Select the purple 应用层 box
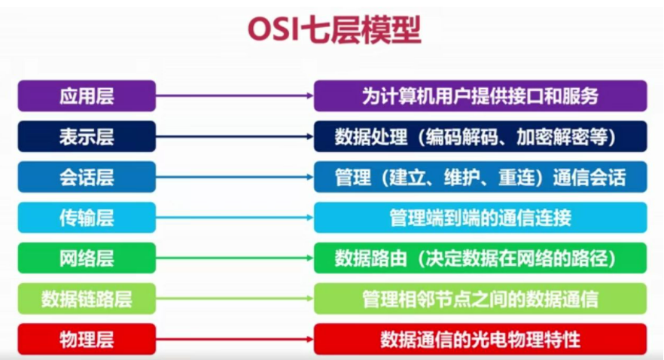(87, 96)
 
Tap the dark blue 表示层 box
(87, 136)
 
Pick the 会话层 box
(87, 177)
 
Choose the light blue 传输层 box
(87, 218)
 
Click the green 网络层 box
(87, 258)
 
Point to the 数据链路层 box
(87, 299)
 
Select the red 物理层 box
(87, 339)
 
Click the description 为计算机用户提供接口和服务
(480, 96)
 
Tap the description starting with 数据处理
(480, 136)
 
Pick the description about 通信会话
(480, 177)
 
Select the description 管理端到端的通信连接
(480, 218)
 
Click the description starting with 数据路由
(480, 258)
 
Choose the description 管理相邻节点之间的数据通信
(480, 299)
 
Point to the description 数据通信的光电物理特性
(480, 339)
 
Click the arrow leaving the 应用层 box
(234, 96)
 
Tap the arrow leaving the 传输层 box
(234, 218)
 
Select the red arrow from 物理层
(234, 339)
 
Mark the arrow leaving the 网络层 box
(234, 258)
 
